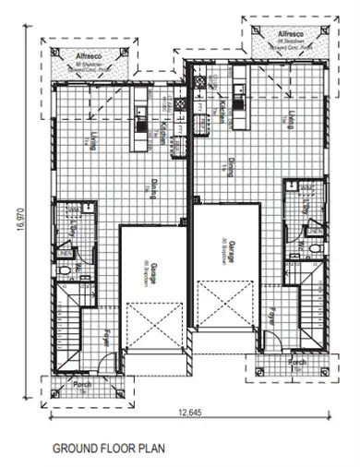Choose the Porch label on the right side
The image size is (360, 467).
click(296, 363)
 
